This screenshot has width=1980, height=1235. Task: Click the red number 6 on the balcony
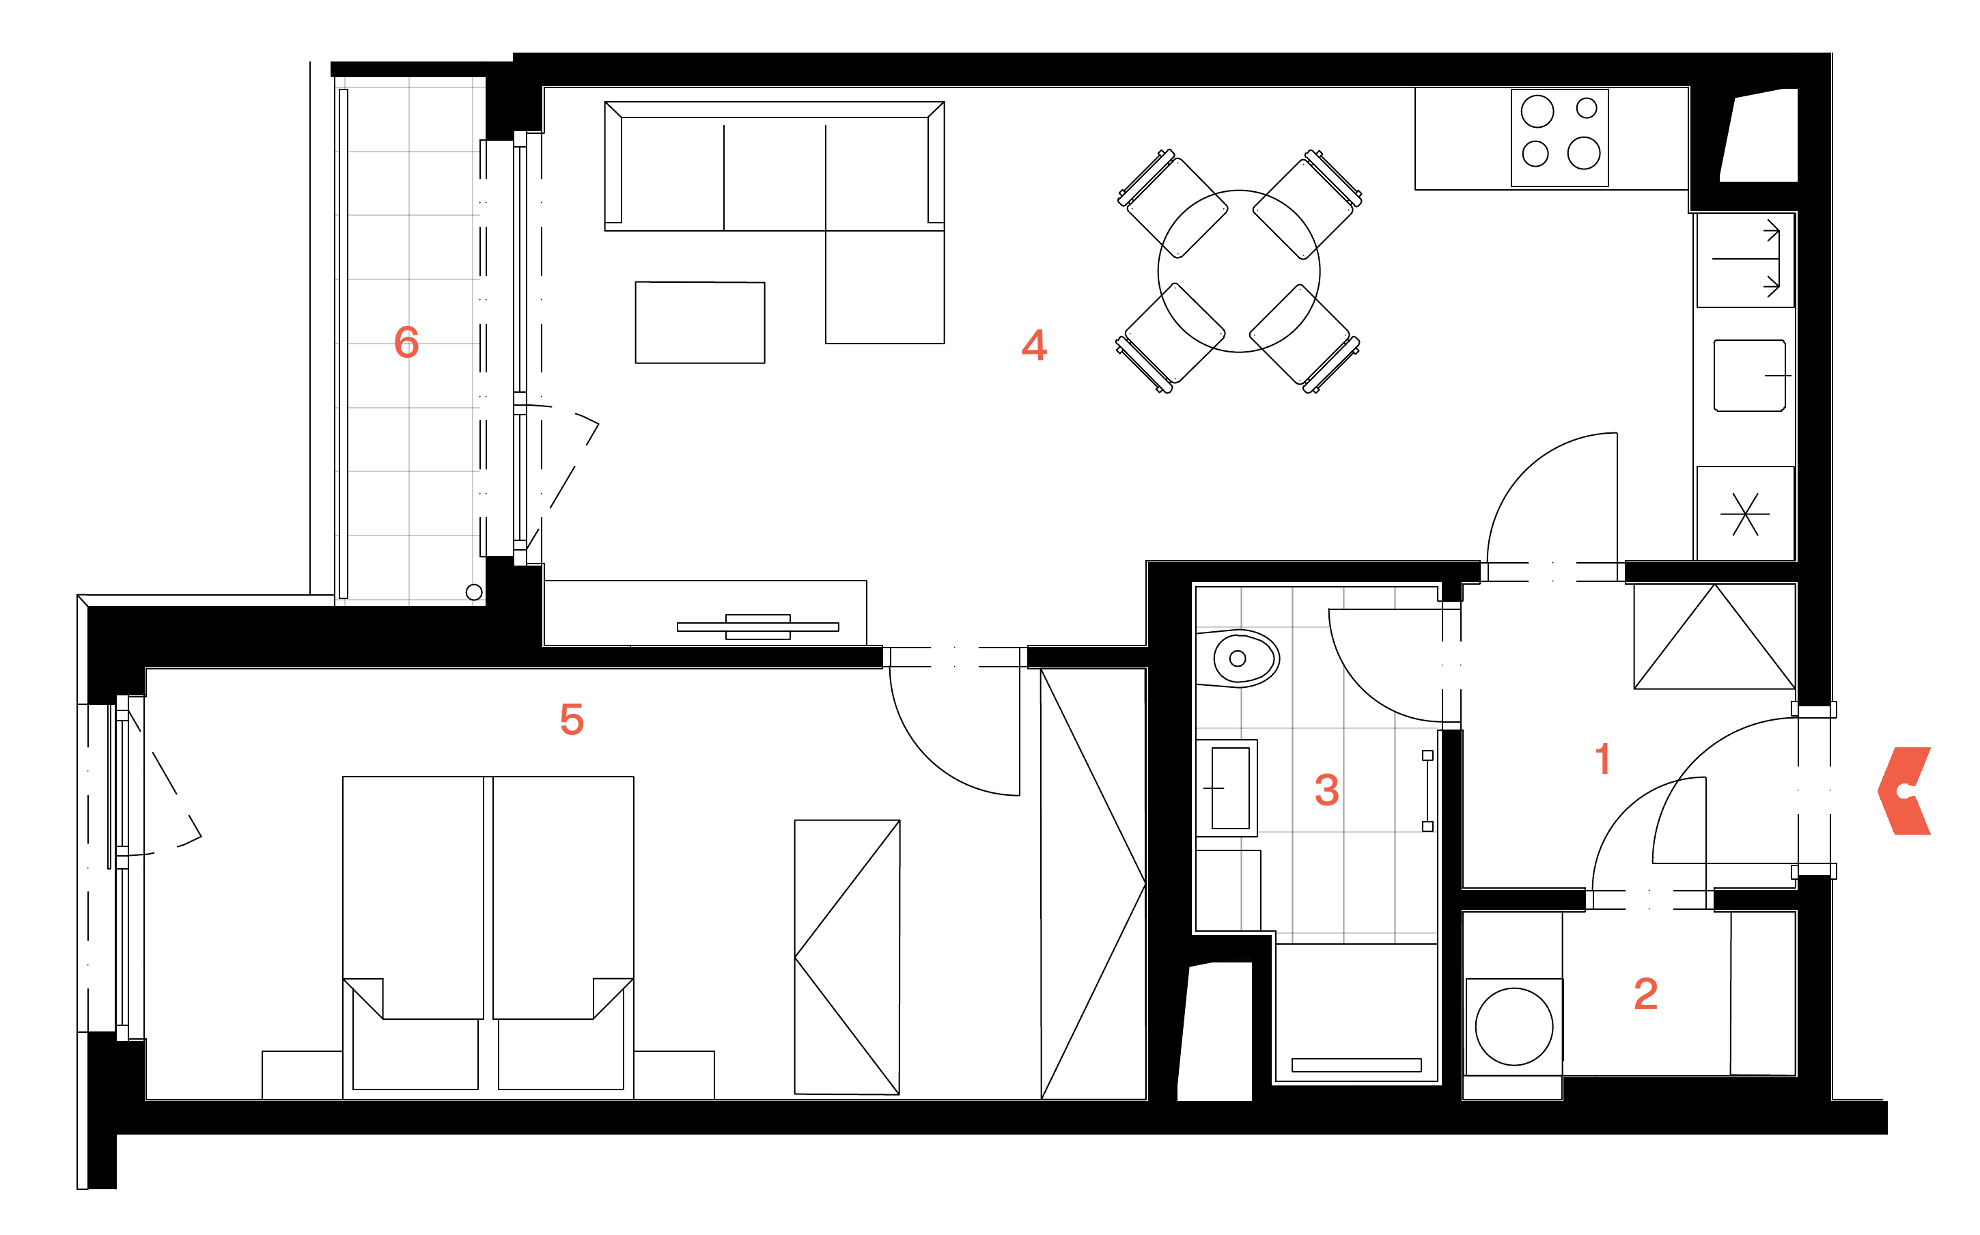[x=406, y=342]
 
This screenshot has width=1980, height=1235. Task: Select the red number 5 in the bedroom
[x=572, y=719]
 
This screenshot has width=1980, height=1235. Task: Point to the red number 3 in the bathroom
[x=1327, y=790]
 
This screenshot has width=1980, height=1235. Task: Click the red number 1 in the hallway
[x=1603, y=759]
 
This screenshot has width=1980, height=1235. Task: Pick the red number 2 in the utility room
[x=1645, y=994]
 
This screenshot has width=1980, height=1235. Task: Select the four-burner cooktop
[x=1559, y=138]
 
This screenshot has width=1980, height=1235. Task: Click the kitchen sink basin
[x=1749, y=376]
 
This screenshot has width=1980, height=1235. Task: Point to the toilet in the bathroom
[x=1237, y=658]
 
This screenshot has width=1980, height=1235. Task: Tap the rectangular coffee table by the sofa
[x=700, y=322]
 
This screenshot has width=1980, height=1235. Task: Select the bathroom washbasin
[x=1227, y=788]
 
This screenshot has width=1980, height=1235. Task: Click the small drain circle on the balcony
[x=473, y=592]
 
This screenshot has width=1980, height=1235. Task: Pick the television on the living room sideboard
[x=757, y=626]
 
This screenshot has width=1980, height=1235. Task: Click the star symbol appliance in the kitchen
[x=1745, y=514]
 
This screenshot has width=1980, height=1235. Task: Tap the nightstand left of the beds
[x=302, y=1075]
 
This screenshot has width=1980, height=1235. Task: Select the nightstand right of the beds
[x=673, y=1075]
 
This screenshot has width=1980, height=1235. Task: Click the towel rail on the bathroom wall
[x=1427, y=792]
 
